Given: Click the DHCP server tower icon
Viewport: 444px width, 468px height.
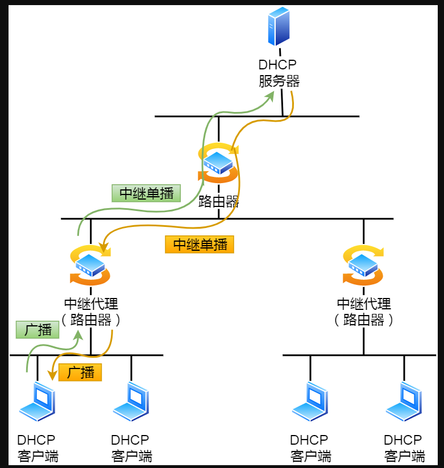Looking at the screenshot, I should point(279,27).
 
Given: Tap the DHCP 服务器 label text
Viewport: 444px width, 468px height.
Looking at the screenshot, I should point(279,73).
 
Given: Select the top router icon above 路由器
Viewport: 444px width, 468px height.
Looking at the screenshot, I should point(218,163).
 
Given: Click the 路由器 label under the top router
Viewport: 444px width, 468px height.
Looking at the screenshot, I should point(218,201).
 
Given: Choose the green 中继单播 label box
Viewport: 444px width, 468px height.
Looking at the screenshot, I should point(146,193).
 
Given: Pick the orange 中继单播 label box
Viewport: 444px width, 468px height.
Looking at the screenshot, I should point(200,245).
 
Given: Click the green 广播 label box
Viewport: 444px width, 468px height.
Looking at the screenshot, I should point(38,330).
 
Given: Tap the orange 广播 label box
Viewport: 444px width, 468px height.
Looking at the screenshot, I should point(80,372).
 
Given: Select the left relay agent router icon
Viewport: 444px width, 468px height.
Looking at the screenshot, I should point(90,265).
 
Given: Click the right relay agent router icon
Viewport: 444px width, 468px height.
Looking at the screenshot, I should point(363,265).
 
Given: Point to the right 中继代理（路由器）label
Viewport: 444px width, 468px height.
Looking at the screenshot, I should point(364,312).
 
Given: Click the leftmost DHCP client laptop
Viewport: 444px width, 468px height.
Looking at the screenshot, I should point(38,402).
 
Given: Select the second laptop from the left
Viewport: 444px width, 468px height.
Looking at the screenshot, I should point(131,402).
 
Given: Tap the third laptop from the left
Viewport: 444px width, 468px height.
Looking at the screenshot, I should point(310,402).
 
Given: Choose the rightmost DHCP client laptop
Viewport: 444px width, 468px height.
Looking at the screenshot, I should point(404,402).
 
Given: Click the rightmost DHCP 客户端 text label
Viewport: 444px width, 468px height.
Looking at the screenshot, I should point(404,448).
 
